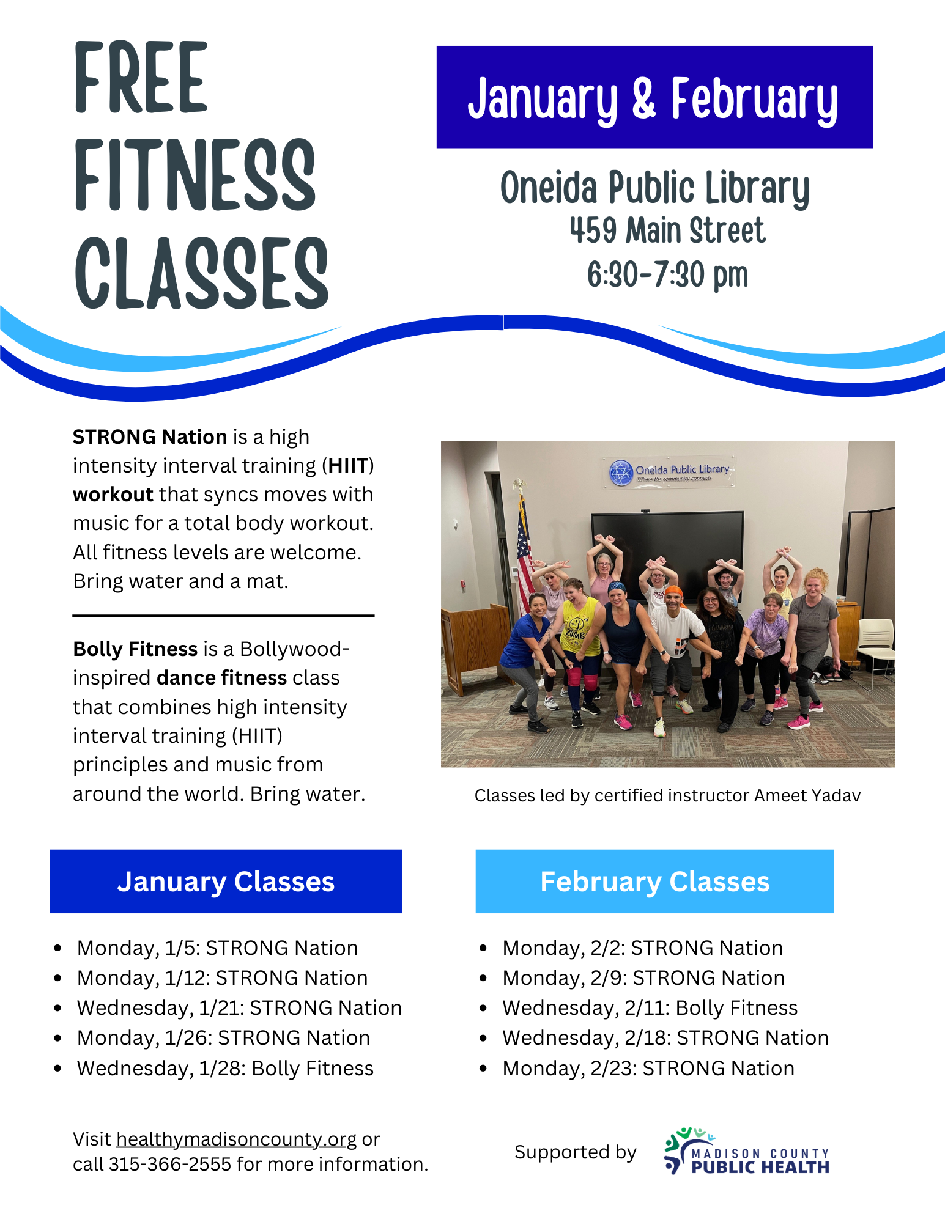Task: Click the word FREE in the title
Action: point(141,78)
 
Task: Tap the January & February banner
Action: point(654,97)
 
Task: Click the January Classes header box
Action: point(226,881)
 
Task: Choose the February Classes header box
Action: point(654,881)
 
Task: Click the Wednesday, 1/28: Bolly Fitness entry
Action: point(224,1069)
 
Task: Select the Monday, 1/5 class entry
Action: point(217,948)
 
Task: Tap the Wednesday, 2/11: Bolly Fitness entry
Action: point(650,1008)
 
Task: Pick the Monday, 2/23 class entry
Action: point(648,1069)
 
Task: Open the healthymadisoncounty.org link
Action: point(236,1139)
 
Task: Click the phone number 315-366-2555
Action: point(169,1165)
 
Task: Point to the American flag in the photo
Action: point(524,550)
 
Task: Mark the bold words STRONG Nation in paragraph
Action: point(150,437)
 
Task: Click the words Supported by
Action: point(575,1152)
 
